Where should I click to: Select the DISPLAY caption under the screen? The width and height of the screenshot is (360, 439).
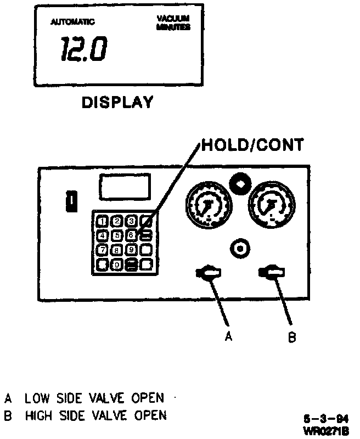click(117, 102)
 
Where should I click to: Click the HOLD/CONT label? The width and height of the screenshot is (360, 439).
click(252, 145)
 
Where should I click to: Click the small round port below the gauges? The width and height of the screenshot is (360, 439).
click(239, 249)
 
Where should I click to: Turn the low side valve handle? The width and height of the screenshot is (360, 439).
click(208, 272)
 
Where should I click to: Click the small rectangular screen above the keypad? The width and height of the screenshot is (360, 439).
click(124, 187)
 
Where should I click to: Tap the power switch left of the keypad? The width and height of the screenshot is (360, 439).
click(70, 201)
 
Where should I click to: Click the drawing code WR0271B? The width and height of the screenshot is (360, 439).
click(327, 431)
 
